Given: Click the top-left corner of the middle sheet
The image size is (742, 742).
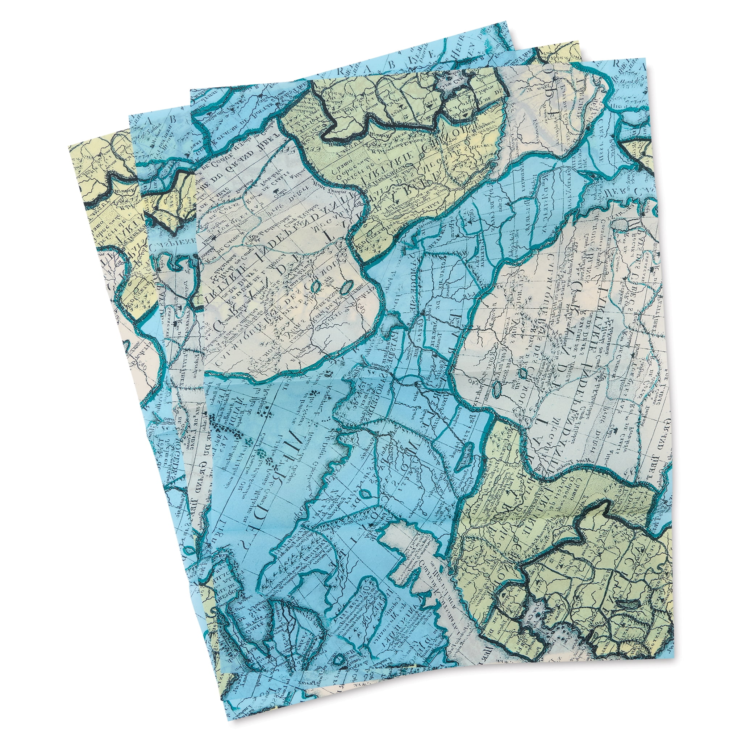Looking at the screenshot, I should click(130, 114).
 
